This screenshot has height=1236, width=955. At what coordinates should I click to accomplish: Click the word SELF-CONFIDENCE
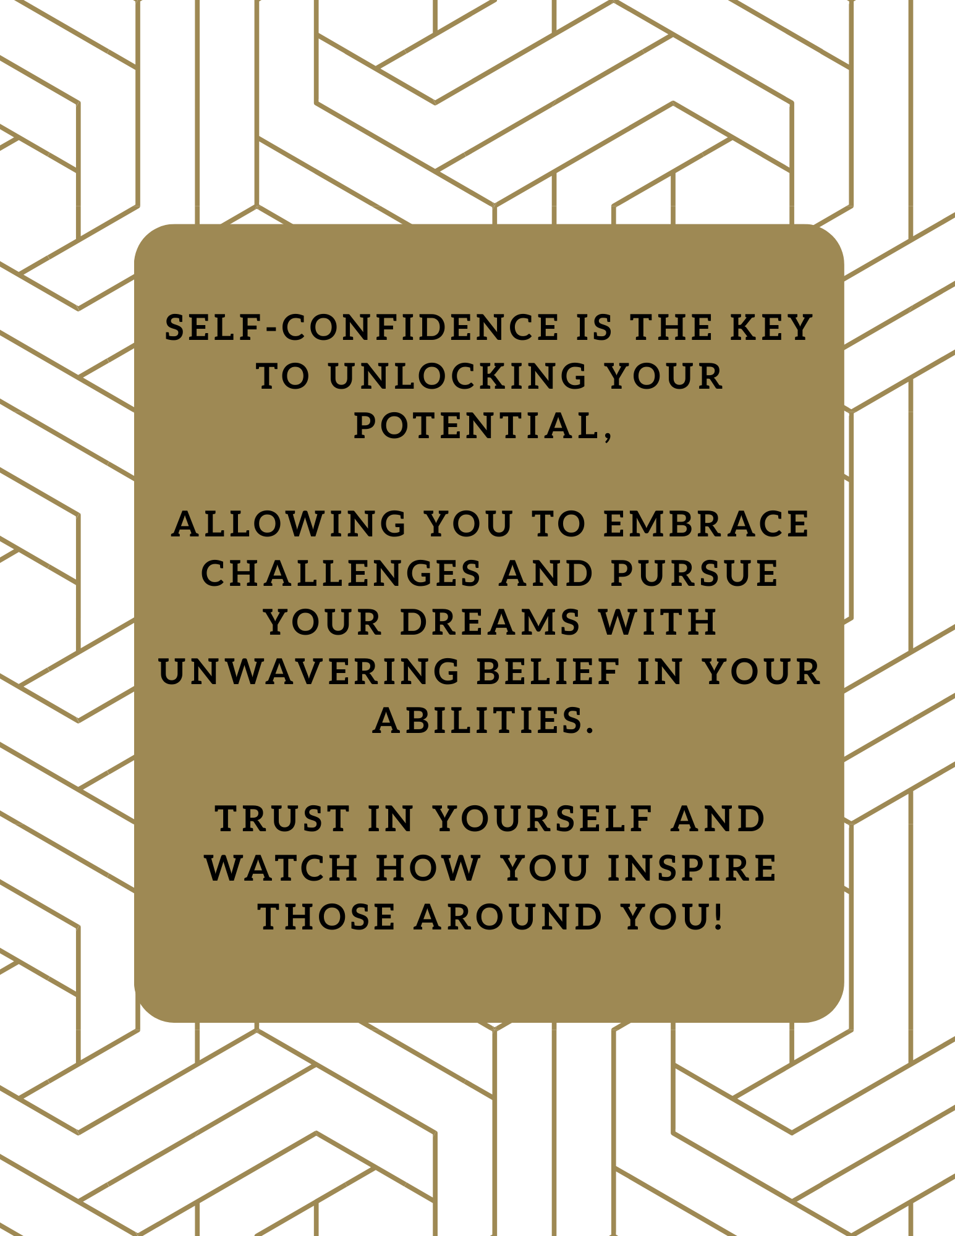(362, 328)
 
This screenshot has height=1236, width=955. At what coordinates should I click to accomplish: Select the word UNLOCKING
(457, 376)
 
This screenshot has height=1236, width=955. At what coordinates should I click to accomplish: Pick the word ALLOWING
(289, 524)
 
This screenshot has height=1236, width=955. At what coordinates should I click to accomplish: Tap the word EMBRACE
(706, 524)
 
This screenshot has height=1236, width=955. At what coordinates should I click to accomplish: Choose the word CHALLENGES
(341, 573)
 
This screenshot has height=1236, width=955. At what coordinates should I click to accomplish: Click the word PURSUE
(695, 573)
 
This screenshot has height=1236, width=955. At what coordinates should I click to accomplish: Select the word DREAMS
(491, 622)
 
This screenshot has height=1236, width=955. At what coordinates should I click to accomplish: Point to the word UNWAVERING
(310, 671)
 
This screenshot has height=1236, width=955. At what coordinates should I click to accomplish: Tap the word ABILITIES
(477, 721)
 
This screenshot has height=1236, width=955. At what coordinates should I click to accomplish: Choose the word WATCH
(282, 868)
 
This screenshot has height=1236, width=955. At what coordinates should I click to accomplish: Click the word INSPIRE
(692, 868)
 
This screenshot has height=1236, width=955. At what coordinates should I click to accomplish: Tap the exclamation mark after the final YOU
(717, 916)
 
